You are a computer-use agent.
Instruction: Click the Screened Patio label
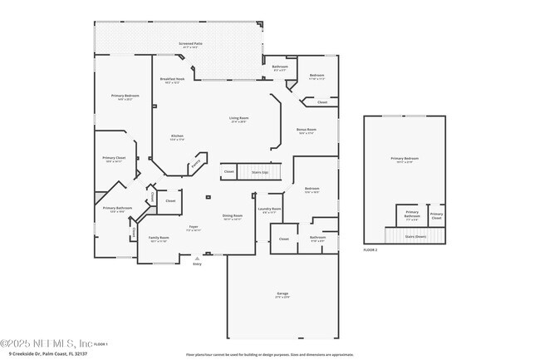pos(191,44)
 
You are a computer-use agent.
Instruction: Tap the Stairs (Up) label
pos(260,172)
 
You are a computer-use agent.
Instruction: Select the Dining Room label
pos(233,216)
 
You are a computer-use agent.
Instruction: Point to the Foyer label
pos(193,227)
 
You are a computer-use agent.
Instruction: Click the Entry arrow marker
pos(197,259)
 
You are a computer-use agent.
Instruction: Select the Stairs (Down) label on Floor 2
pos(415,236)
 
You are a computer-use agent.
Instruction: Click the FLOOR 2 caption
pos(371,249)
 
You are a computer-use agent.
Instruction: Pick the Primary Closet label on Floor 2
pos(436,216)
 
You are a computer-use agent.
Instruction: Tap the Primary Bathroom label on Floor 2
pos(412,215)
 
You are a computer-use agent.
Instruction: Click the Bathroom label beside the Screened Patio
pos(280,68)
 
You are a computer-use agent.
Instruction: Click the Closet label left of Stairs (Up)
pos(228,172)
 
